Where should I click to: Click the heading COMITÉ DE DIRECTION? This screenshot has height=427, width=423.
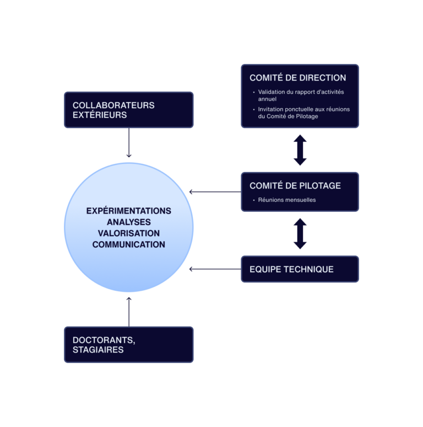tap(297, 78)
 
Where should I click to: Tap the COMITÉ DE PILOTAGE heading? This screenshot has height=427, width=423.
tap(295, 186)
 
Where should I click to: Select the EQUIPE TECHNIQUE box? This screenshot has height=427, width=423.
tap(300, 269)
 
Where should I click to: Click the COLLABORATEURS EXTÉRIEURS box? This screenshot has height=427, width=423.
tap(128, 110)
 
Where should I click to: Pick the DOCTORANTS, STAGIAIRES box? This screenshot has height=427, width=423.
tap(128, 345)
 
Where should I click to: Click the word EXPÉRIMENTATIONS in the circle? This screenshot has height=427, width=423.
tap(129, 211)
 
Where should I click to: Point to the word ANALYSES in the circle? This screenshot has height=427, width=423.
tap(129, 222)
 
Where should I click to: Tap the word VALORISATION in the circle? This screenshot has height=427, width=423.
tap(129, 233)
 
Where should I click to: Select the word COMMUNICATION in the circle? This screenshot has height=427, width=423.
tap(129, 244)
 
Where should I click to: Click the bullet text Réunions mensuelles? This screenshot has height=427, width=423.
tap(287, 200)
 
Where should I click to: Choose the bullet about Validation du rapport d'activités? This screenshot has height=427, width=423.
tap(301, 95)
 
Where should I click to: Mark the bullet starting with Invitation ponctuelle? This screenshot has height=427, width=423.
tap(303, 113)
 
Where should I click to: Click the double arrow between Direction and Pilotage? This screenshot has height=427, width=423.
tap(300, 150)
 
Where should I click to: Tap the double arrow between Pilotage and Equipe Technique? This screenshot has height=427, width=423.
tap(300, 234)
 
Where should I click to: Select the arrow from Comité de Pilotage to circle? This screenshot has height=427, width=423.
tap(215, 192)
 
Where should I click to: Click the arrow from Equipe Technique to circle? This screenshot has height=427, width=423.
tap(215, 269)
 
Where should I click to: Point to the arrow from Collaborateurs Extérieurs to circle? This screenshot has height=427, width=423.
tap(129, 143)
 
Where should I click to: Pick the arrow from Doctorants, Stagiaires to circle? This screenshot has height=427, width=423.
tap(129, 312)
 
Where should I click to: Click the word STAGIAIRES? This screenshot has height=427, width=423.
tap(98, 350)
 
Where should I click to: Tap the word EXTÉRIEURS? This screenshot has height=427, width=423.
tap(100, 115)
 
